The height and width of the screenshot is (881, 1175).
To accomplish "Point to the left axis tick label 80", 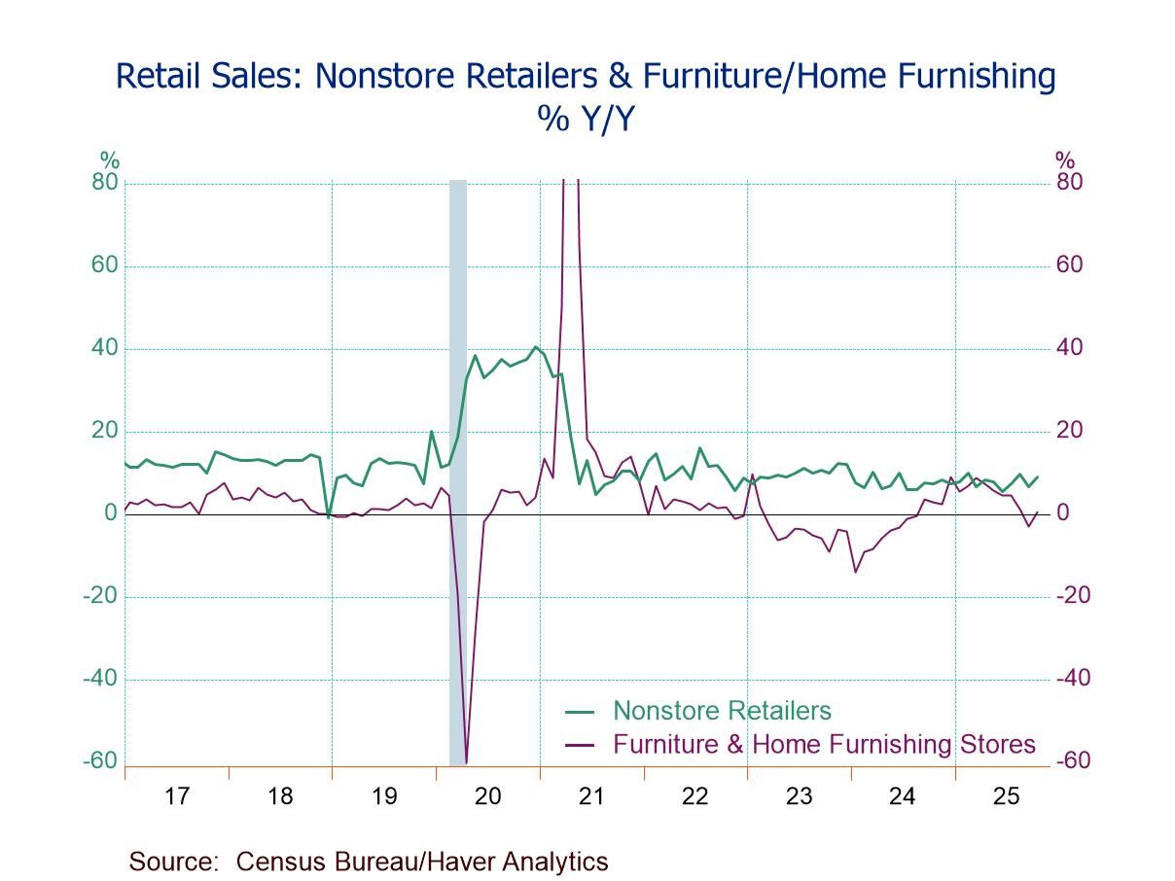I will [105, 183].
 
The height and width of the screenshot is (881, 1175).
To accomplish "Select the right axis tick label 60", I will [1068, 265].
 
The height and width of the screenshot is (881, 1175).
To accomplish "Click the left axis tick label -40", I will [100, 679].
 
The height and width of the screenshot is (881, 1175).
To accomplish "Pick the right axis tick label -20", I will [1073, 596].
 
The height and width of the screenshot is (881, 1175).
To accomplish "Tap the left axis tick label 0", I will [111, 513].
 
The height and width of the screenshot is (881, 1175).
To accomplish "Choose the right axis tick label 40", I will [1068, 348].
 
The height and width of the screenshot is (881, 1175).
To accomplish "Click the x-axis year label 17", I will [176, 796].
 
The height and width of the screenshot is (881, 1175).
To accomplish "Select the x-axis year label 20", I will [487, 796].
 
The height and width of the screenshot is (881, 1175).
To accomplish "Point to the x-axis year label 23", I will [799, 796].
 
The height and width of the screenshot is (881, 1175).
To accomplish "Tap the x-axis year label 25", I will [1006, 796].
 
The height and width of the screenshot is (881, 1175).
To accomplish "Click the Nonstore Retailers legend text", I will [722, 711].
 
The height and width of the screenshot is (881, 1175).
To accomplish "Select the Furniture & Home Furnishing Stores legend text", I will [824, 745].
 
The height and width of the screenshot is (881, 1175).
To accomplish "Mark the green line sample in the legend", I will [580, 712].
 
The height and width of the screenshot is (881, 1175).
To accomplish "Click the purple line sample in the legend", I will [580, 746].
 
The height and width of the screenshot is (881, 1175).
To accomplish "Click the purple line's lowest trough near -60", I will [466, 762].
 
